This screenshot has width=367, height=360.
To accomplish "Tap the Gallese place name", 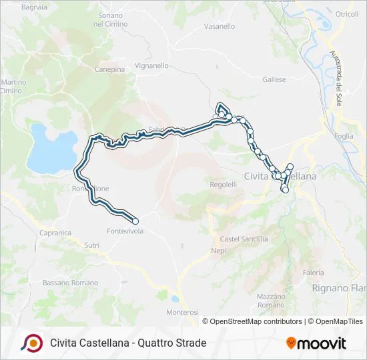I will [x=274, y=80].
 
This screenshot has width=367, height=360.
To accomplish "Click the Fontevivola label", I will [x=125, y=231].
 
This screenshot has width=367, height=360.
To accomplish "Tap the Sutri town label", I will [x=91, y=246].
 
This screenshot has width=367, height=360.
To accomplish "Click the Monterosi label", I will [x=182, y=312].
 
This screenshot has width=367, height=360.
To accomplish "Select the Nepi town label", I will [x=218, y=251].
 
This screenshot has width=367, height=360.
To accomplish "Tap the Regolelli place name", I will [x=224, y=185].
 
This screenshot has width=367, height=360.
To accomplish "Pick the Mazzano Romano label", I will [x=271, y=300].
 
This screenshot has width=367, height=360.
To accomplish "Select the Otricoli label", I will [x=346, y=14].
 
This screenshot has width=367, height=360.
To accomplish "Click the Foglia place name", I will [x=344, y=136].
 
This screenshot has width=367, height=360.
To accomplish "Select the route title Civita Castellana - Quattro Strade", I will [x=128, y=343].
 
